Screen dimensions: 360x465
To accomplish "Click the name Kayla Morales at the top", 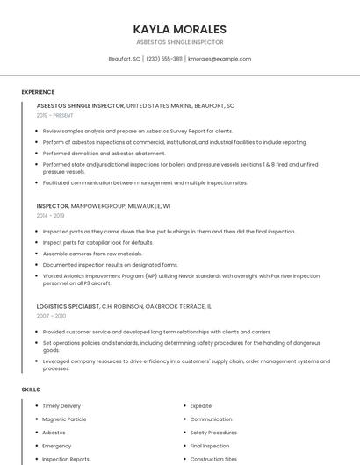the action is point(179,29).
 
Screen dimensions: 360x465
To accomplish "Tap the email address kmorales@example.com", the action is point(220,59).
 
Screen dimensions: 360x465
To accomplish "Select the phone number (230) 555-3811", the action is point(164,59).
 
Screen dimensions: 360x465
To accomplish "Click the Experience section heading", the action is point(38,92).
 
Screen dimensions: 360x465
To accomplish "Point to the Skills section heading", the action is point(31,389).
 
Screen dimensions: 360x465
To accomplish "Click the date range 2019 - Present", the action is point(55,115).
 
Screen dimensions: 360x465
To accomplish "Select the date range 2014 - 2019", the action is point(51,215).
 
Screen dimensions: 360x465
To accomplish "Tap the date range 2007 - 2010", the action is point(51,315).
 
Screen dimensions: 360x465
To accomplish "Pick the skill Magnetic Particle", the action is point(64,419).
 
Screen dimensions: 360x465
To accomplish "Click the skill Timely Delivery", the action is point(61,406).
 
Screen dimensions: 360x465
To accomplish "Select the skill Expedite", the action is point(201,406).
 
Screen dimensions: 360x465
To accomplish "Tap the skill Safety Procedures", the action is point(213,433).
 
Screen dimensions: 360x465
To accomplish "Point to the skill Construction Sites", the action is point(213,459).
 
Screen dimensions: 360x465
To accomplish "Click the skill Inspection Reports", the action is point(66,459).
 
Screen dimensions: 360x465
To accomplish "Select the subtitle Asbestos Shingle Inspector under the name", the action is point(179,42).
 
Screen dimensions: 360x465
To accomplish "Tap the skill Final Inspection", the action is point(210,446).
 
